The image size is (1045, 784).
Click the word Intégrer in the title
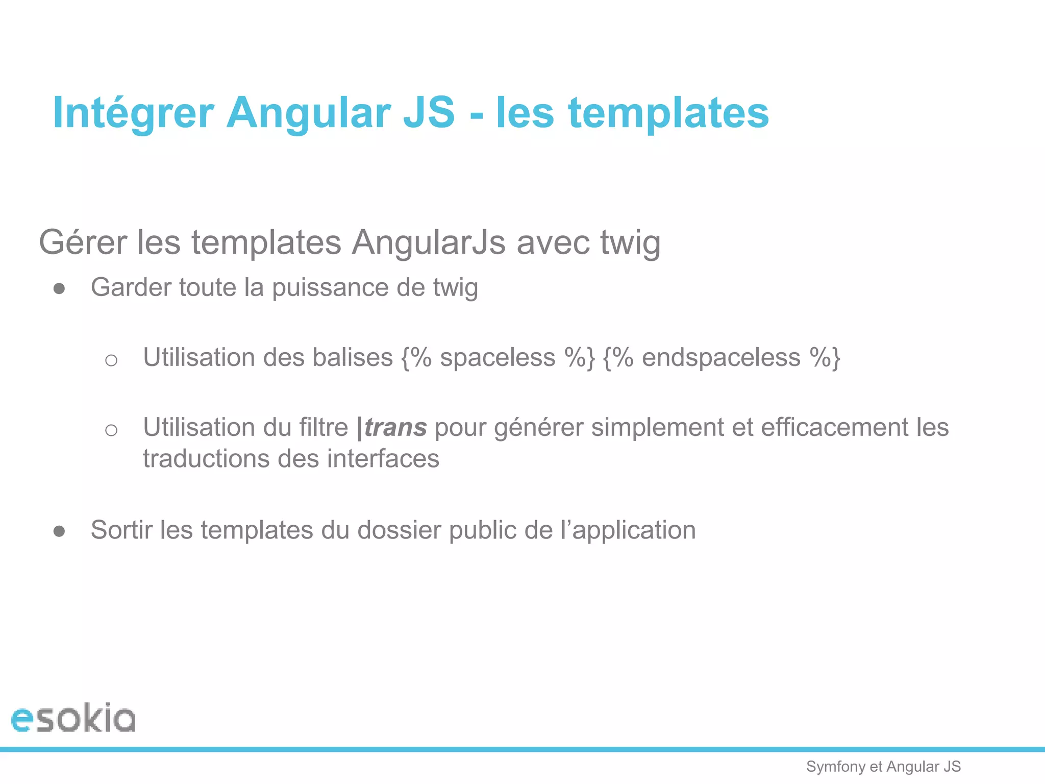pyautogui.click(x=133, y=113)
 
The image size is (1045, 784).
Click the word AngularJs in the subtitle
pyautogui.click(x=429, y=242)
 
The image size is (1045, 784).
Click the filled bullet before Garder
pyautogui.click(x=59, y=289)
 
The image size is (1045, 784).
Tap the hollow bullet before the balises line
pyautogui.click(x=111, y=360)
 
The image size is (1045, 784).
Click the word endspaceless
pyautogui.click(x=721, y=357)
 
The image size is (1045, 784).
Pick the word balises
pyautogui.click(x=352, y=357)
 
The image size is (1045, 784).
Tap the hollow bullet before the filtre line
pyautogui.click(x=111, y=430)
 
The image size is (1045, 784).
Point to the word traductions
pyautogui.click(x=206, y=458)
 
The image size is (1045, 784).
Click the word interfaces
pyautogui.click(x=383, y=458)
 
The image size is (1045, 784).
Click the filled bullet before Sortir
pyautogui.click(x=59, y=531)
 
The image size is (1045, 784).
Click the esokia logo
pyautogui.click(x=73, y=718)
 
